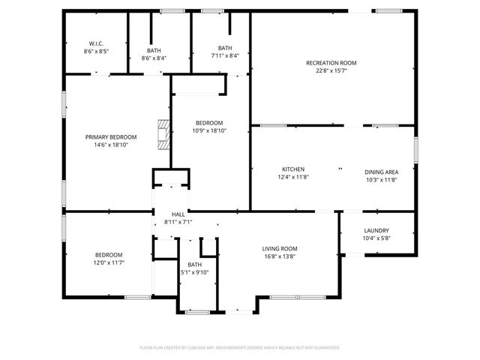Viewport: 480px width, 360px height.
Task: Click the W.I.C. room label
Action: click(96, 43)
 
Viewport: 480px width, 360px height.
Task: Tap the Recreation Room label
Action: click(331, 63)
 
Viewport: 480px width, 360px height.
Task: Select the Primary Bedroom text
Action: click(111, 136)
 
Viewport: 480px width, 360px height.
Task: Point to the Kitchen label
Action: click(292, 169)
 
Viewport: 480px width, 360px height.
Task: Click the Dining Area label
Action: click(381, 169)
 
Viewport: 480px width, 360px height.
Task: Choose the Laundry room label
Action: click(376, 230)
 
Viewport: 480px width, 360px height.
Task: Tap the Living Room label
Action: click(280, 248)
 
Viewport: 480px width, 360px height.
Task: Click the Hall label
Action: click(178, 214)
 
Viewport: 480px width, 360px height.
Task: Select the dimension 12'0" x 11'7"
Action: click(109, 263)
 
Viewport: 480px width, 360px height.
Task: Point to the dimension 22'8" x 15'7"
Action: click(331, 71)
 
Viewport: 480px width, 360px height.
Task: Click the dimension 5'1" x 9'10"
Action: click(195, 272)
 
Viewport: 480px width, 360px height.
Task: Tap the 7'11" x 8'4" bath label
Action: click(225, 55)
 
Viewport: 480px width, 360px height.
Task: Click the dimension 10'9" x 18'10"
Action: click(209, 130)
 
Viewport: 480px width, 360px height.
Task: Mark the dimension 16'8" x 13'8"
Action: click(280, 256)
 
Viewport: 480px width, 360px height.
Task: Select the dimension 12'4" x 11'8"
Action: click(292, 178)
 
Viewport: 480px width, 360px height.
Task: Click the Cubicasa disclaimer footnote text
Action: click(240, 347)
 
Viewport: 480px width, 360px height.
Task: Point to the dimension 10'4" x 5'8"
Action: click(376, 238)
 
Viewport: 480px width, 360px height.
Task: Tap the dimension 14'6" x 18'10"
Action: click(111, 145)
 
